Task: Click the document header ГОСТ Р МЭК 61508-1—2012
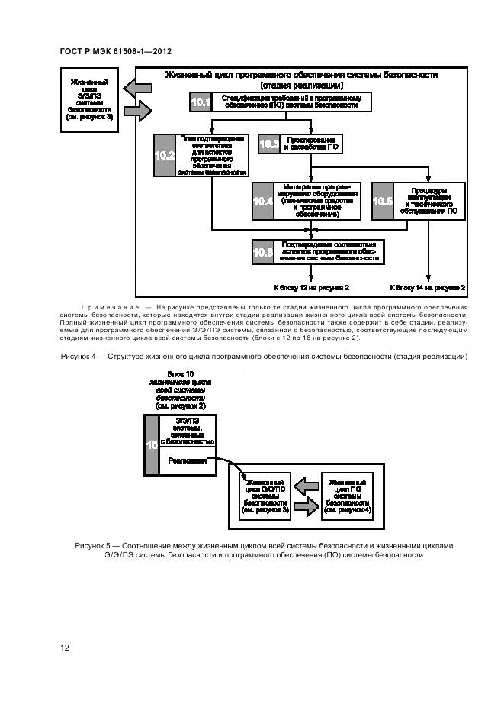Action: click(x=114, y=50)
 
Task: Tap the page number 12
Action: click(x=65, y=648)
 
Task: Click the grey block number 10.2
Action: click(x=165, y=155)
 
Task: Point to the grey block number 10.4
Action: click(x=263, y=202)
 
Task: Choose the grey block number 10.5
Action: click(x=383, y=202)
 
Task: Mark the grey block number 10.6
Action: click(x=263, y=252)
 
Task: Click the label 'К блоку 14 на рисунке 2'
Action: click(x=428, y=287)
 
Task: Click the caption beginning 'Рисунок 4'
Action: click(x=263, y=357)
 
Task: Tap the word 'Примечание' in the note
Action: click(x=112, y=306)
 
